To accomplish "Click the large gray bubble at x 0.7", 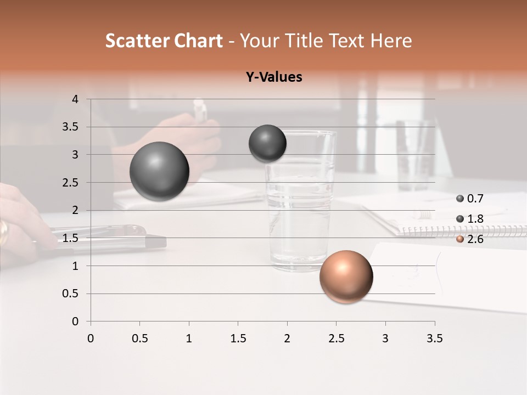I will click(159, 171).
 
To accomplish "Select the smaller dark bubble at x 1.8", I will click(267, 143).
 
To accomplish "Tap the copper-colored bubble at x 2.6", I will click(346, 276).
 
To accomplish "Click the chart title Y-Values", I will click(273, 77).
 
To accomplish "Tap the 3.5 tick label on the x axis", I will click(434, 338).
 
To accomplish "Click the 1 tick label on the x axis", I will click(189, 338).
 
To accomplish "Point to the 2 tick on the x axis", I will click(287, 338).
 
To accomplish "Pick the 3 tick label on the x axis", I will click(385, 338).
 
